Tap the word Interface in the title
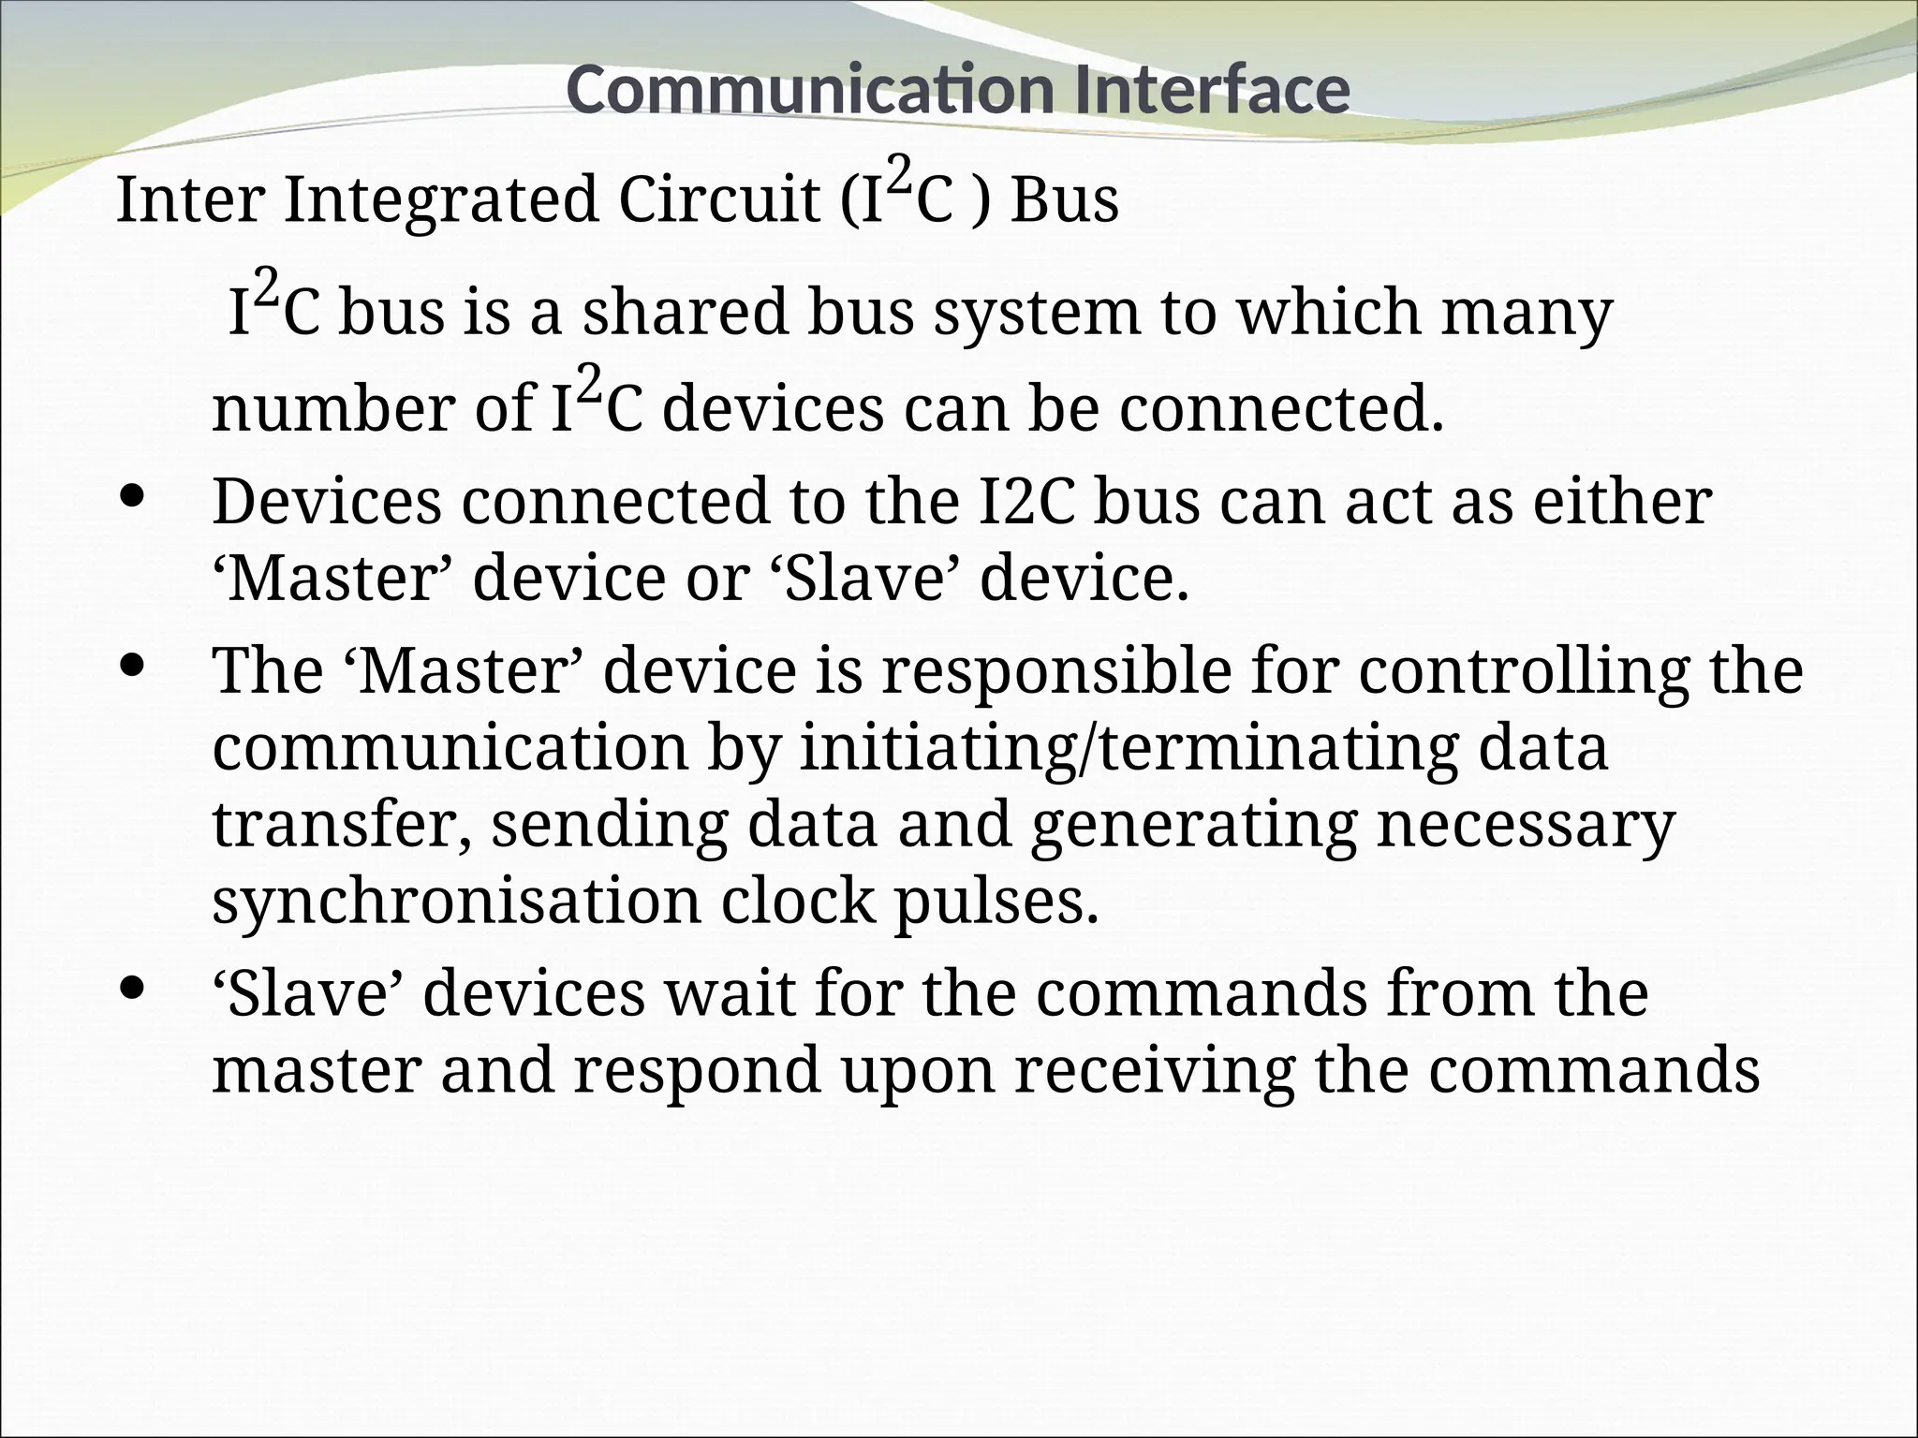click(1213, 90)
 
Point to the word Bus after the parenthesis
click(1065, 201)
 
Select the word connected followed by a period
click(1282, 409)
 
